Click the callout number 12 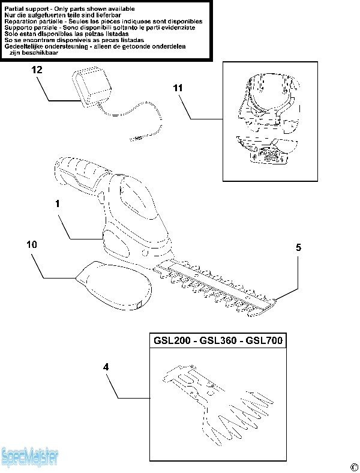tap(37, 70)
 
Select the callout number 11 tap(178, 88)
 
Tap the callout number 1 tap(58, 204)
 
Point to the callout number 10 tap(32, 244)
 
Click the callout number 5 tap(298, 247)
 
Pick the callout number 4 tap(106, 366)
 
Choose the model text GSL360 tap(217, 341)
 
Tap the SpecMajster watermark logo tap(30, 457)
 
